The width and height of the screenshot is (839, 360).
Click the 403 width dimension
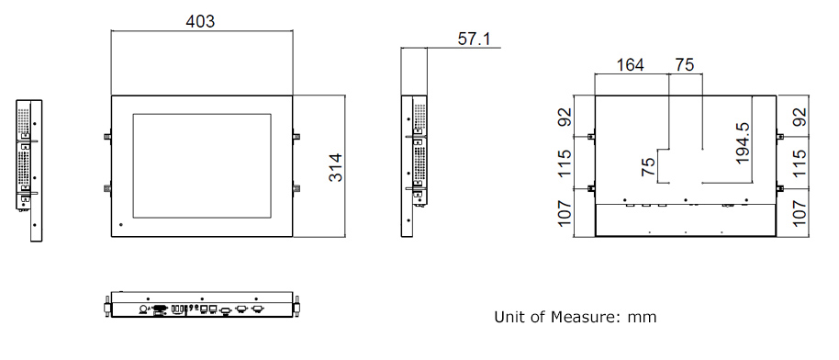click(200, 21)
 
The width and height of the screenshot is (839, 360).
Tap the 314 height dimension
click(335, 168)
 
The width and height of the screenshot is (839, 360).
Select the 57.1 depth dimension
click(474, 39)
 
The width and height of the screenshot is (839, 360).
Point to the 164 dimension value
click(631, 65)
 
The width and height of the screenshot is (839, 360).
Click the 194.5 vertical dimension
click(743, 143)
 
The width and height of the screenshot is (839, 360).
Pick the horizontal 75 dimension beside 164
click(685, 65)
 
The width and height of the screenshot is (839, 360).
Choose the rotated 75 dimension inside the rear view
click(647, 166)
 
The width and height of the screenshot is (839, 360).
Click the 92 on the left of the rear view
click(565, 117)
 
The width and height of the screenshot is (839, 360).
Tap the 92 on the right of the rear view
click(800, 117)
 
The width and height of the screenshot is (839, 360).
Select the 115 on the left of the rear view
click(565, 163)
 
